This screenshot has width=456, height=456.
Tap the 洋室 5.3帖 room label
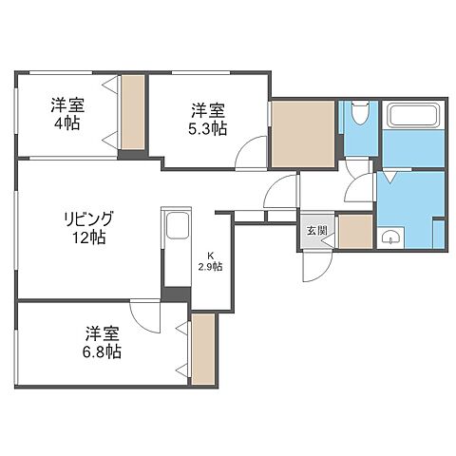[207, 118]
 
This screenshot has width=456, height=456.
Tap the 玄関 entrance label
[316, 230]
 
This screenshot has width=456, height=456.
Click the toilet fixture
[359, 115]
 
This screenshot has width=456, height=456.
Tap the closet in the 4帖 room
[132, 111]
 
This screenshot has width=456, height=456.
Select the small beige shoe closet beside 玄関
[354, 232]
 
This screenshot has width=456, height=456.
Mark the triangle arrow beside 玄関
[329, 242]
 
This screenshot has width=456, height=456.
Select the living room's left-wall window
[17, 229]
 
